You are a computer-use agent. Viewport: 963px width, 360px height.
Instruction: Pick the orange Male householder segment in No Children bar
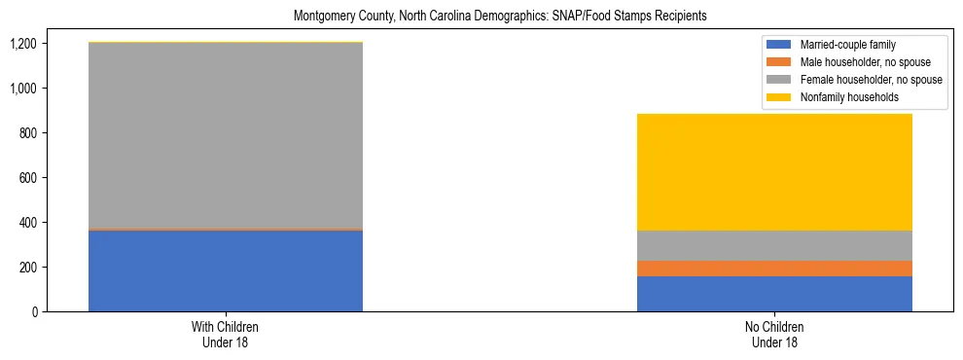click(x=774, y=269)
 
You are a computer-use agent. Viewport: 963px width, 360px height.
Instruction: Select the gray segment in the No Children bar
click(x=774, y=245)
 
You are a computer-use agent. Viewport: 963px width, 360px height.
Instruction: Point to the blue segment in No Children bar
click(x=774, y=294)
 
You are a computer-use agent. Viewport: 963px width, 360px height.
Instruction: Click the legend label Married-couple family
click(x=845, y=45)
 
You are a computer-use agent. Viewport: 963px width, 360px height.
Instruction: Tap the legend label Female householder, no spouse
click(x=871, y=80)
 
